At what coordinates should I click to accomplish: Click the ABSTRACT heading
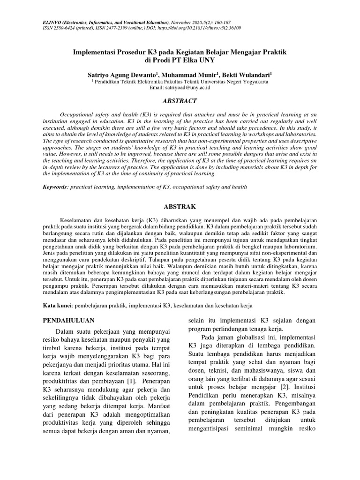[180, 101]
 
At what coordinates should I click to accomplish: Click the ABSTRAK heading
[180, 206]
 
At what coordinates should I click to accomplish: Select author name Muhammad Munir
[188, 75]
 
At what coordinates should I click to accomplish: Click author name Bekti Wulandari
[246, 75]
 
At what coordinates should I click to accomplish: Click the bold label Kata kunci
[56, 305]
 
